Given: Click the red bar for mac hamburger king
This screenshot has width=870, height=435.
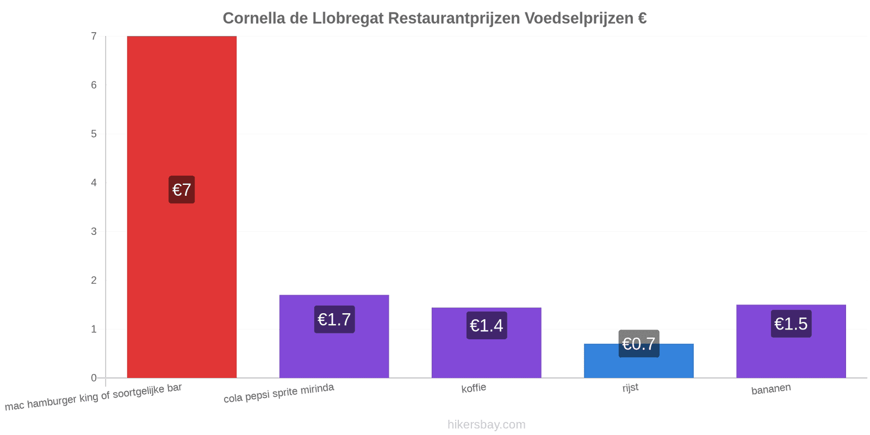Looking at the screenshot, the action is tap(182, 207).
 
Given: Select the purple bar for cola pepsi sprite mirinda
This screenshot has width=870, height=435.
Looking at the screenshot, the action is tap(334, 336).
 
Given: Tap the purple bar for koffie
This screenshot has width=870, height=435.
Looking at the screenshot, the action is tap(486, 343).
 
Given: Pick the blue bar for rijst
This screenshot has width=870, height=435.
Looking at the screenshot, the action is tap(638, 361).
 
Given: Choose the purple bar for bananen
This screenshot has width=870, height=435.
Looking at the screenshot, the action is tap(791, 341).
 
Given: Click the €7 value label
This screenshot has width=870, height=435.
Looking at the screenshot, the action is tap(182, 190).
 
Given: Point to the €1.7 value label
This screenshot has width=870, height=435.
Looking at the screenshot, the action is tap(334, 319).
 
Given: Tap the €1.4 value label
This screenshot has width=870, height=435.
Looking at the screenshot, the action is tap(487, 326).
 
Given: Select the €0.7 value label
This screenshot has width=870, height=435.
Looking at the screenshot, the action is tap(639, 344).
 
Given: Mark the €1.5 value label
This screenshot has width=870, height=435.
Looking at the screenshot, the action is tap(791, 324).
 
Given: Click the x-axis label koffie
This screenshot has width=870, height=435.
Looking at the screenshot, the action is tap(474, 388).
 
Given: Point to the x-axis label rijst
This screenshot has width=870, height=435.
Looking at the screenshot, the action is tap(630, 388).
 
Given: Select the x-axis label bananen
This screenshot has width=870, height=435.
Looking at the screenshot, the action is tap(771, 389).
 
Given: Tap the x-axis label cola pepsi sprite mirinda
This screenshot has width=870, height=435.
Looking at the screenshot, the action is tap(278, 393).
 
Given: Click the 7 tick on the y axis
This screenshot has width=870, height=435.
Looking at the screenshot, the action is tap(94, 36).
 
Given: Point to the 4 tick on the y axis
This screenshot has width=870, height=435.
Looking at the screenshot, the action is tap(94, 183).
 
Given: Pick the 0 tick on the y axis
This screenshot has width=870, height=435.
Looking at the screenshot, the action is tap(94, 377).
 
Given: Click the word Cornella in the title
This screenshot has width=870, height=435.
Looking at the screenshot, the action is tap(254, 18).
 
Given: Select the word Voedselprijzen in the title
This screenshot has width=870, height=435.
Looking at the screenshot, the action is tap(579, 18).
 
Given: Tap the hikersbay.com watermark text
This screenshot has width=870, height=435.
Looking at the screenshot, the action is tap(486, 424).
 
